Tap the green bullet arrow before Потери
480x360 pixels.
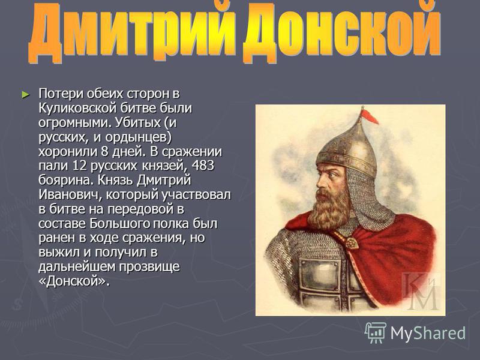[26, 95]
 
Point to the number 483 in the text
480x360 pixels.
[203, 166]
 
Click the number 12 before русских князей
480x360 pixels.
[79, 166]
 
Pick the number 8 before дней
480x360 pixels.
[103, 152]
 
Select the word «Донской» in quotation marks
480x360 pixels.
[74, 281]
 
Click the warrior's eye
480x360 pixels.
[333, 175]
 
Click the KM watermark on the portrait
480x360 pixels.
[421, 292]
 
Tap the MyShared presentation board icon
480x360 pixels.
[376, 332]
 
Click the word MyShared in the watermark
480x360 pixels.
[428, 333]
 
